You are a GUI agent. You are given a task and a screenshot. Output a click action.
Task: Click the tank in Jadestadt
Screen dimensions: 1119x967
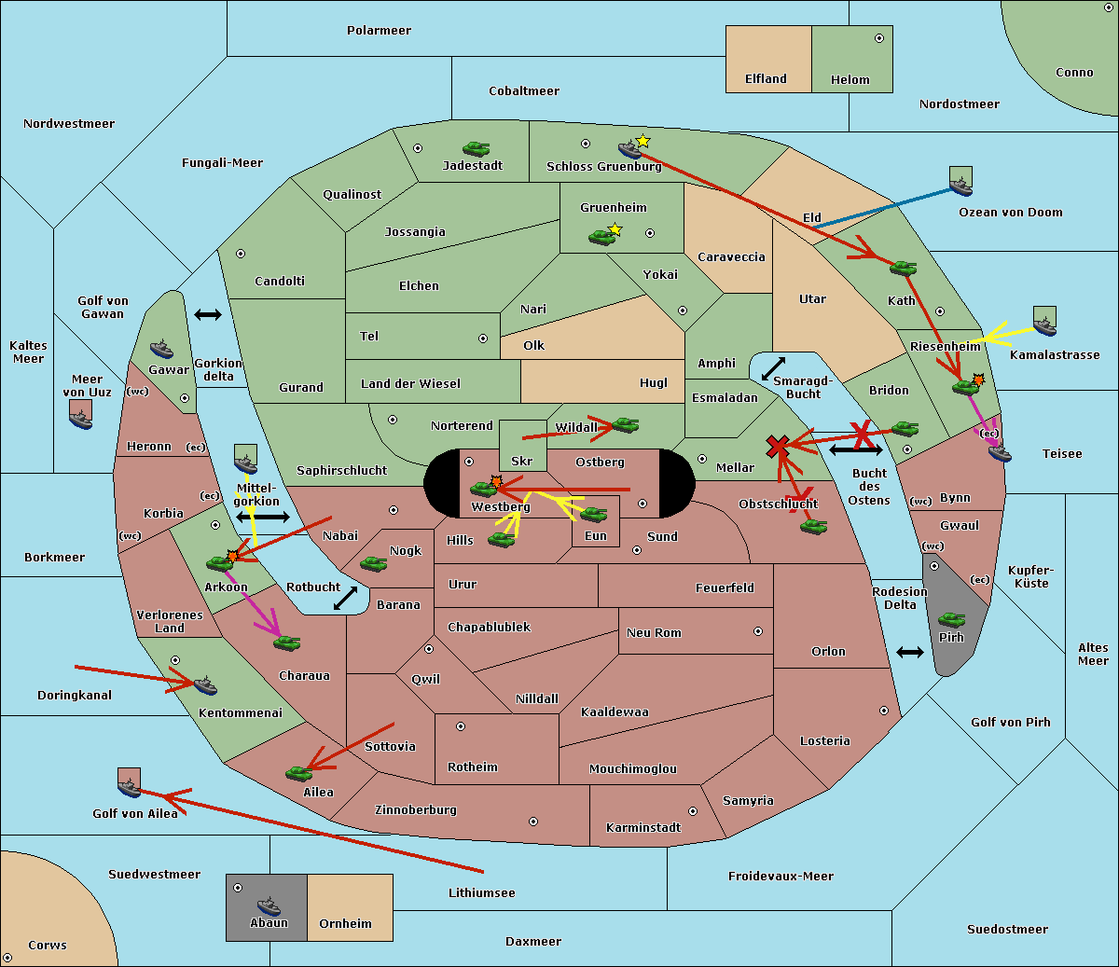pyautogui.click(x=477, y=148)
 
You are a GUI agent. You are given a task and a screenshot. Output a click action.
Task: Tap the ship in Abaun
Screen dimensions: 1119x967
pyautogui.click(x=269, y=906)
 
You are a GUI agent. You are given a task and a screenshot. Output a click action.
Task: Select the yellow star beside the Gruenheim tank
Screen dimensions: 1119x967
pyautogui.click(x=615, y=229)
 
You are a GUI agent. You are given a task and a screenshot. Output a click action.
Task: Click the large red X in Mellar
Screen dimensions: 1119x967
pyautogui.click(x=778, y=447)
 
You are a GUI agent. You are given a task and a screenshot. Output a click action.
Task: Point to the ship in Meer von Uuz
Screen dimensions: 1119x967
pyautogui.click(x=81, y=419)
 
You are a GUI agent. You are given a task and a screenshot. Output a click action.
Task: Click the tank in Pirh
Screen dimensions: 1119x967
pyautogui.click(x=951, y=619)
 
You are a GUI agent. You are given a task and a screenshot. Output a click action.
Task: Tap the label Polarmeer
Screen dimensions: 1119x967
pyautogui.click(x=379, y=31)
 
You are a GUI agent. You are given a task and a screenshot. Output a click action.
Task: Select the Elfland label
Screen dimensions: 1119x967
pyautogui.click(x=766, y=78)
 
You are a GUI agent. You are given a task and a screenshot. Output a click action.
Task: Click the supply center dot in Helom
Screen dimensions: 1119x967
pyautogui.click(x=879, y=38)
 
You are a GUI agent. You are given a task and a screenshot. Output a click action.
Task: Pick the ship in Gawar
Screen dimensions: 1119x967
pyautogui.click(x=161, y=350)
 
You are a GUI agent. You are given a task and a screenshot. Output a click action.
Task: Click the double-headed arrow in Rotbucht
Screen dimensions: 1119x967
pyautogui.click(x=346, y=599)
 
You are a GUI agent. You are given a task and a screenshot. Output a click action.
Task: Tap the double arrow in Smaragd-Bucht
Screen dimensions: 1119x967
pyautogui.click(x=773, y=368)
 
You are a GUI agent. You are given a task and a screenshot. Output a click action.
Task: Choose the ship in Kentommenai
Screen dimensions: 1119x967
pyautogui.click(x=205, y=684)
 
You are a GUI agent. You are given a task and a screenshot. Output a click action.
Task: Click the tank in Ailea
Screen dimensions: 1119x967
pyautogui.click(x=298, y=773)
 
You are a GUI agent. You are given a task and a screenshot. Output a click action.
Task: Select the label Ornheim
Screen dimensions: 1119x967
pyautogui.click(x=345, y=923)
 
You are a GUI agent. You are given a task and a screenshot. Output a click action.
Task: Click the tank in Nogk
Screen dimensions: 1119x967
pyautogui.click(x=374, y=564)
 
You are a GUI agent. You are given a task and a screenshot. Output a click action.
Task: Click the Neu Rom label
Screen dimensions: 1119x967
pyautogui.click(x=654, y=632)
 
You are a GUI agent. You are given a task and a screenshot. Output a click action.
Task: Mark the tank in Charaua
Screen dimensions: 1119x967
pyautogui.click(x=286, y=642)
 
